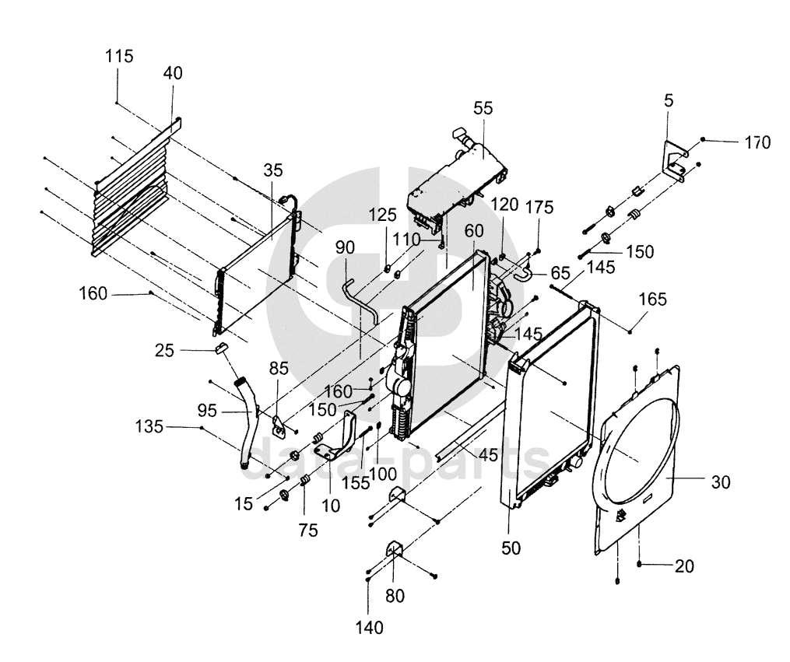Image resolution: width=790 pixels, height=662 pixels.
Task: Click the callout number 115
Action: coord(119,55)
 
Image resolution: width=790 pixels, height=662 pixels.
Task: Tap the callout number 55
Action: coord(483,107)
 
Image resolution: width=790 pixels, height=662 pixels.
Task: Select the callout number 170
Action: coord(758,142)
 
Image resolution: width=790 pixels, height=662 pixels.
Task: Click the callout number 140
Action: coord(369,628)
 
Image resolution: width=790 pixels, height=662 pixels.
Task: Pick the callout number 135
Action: coord(149,427)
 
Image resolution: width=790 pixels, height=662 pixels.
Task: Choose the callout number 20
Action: coord(684,566)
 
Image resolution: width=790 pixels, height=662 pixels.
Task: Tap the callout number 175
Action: coord(540,207)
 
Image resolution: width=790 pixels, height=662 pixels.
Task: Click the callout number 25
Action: coord(164,350)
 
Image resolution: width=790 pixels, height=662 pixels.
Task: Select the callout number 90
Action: coord(345,247)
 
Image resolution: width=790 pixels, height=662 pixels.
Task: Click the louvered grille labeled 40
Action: coord(131,189)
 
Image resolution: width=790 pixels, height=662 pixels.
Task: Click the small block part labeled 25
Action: coord(222,348)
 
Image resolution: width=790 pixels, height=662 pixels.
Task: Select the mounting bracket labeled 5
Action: coord(674,161)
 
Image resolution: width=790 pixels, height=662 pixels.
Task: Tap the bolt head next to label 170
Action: coord(703,139)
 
